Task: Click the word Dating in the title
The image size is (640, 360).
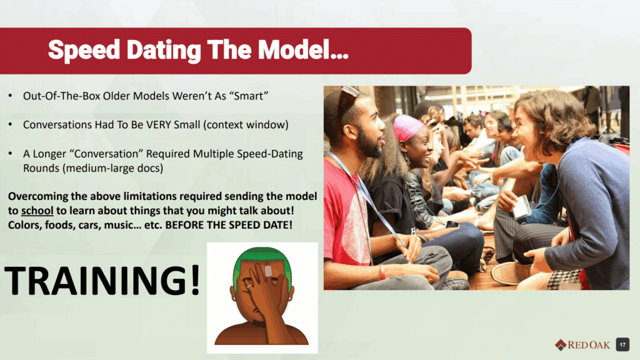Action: [x=164, y=51]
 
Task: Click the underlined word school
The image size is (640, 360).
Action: [x=37, y=211]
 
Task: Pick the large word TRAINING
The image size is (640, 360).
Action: [x=96, y=280]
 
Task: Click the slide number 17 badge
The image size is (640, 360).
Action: [x=622, y=344]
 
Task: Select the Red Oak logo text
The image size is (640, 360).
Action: [x=588, y=345]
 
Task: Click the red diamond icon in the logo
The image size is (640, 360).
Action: [x=561, y=345]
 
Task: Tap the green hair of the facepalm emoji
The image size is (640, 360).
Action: [x=262, y=261]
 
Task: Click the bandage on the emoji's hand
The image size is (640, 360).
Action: [x=268, y=270]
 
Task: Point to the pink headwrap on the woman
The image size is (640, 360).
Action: [x=407, y=127]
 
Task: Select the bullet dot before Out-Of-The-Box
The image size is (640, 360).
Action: [x=11, y=96]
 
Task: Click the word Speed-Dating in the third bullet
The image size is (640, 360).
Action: [x=270, y=154]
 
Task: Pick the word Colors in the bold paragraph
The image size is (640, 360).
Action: [x=24, y=225]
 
